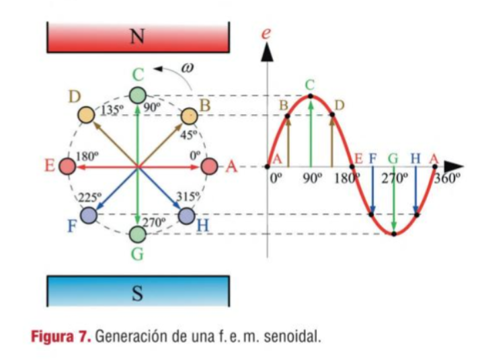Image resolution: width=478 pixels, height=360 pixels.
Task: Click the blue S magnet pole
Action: [138, 292]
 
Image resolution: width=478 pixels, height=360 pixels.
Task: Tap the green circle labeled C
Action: [137, 95]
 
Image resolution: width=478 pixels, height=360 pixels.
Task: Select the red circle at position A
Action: [209, 166]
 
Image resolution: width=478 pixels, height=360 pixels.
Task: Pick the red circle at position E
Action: [67, 166]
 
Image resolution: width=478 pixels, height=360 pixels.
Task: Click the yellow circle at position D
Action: [86, 115]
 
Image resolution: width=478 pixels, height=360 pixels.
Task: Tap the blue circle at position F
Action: [87, 216]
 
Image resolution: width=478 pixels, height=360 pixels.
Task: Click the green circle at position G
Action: [137, 234]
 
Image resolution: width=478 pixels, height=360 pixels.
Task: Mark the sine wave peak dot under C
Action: [310, 97]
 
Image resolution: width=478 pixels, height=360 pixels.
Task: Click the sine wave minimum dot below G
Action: [395, 233]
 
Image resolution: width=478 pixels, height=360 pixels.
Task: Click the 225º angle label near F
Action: [89, 199]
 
